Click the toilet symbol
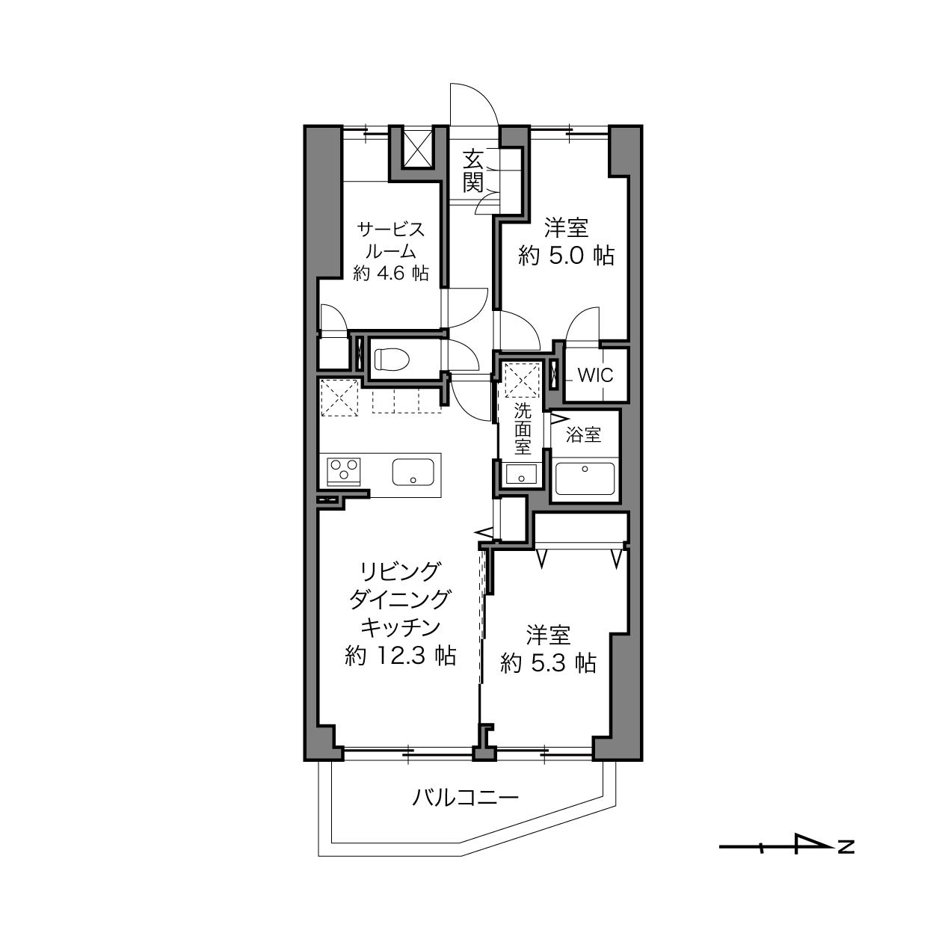[392, 360]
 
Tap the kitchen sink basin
[413, 472]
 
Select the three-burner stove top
[344, 471]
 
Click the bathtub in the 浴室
[585, 479]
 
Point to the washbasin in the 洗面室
[521, 473]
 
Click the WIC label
[596, 375]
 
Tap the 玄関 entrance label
[472, 171]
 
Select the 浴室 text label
[583, 434]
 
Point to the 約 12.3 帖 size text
[400, 656]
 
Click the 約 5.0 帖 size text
[566, 256]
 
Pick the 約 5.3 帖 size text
[548, 662]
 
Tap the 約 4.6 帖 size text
[391, 274]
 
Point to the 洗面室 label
[523, 429]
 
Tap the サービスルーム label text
[391, 240]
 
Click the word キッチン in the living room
[401, 628]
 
